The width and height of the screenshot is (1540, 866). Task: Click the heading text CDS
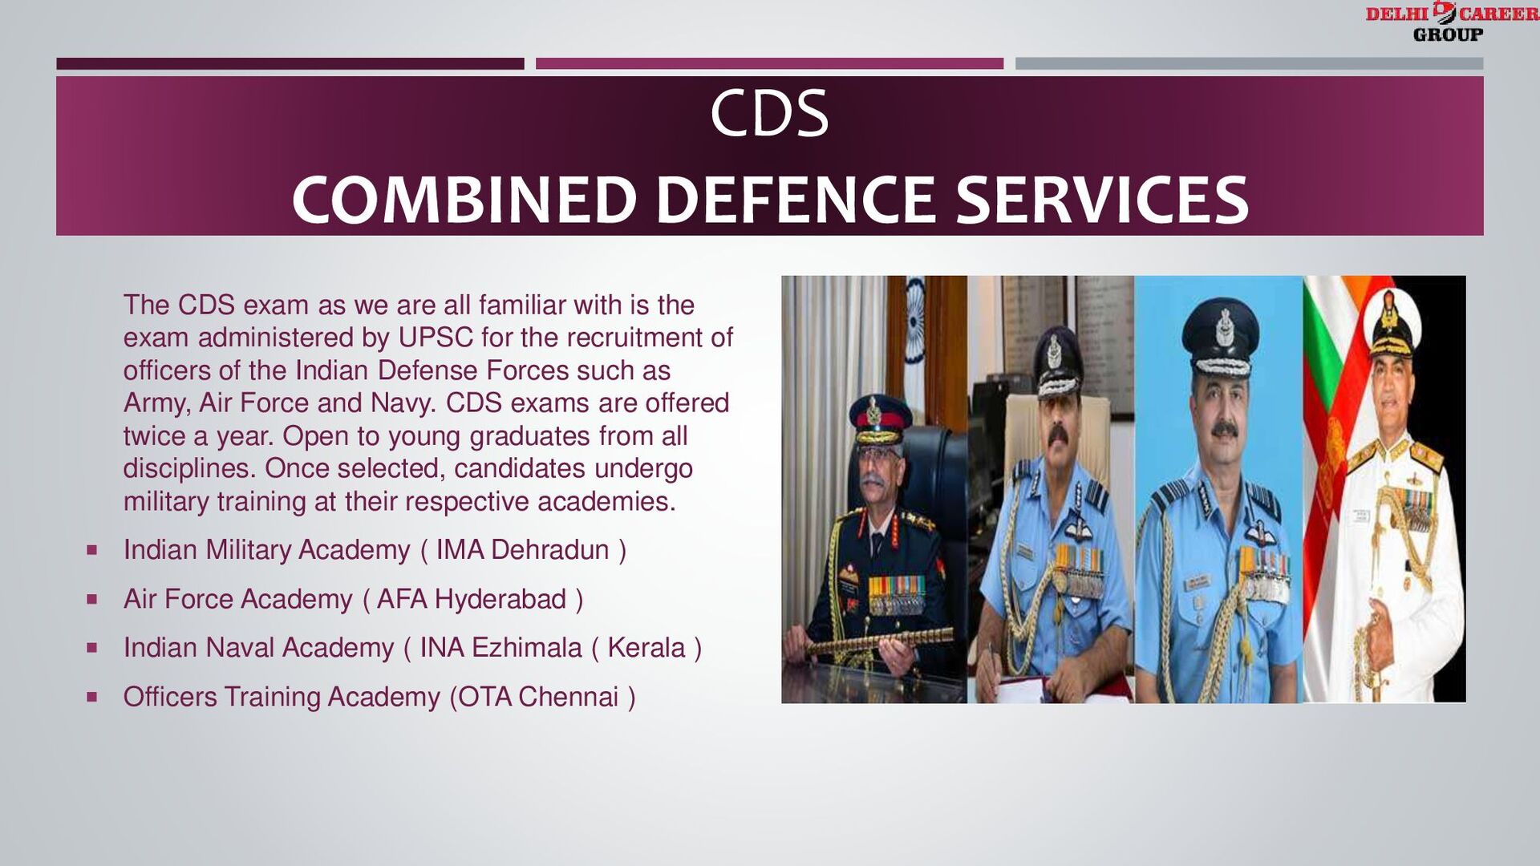click(768, 114)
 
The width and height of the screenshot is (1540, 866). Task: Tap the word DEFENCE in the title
click(795, 200)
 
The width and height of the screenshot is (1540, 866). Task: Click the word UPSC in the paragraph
click(436, 338)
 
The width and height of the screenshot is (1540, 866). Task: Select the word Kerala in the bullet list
click(646, 648)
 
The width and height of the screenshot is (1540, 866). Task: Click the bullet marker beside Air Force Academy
click(92, 599)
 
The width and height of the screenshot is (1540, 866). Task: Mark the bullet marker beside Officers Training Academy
click(92, 697)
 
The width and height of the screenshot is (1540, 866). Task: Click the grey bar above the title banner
click(1249, 63)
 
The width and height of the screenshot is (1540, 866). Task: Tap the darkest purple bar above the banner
click(290, 63)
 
